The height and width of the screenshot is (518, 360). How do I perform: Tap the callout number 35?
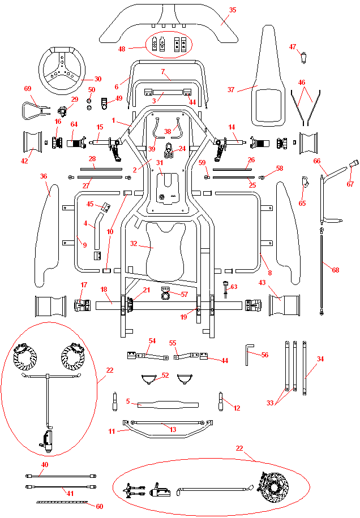tap(233, 10)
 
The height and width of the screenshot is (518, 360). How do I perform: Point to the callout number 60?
tap(100, 507)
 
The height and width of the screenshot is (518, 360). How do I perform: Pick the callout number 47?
tap(293, 47)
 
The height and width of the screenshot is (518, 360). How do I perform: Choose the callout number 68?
tap(336, 270)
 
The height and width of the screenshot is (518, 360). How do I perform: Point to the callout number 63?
tap(234, 287)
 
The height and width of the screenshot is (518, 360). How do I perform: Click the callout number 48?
tap(122, 49)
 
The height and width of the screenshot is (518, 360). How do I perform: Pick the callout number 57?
tap(183, 295)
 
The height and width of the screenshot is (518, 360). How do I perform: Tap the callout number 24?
tap(182, 149)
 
